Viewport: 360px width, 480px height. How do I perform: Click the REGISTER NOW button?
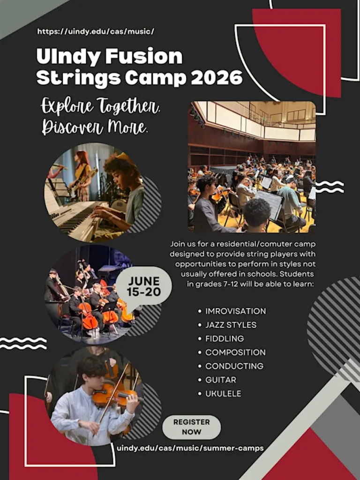point(191,427)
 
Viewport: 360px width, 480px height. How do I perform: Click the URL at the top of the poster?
point(96,31)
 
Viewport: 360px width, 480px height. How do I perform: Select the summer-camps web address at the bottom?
point(190,448)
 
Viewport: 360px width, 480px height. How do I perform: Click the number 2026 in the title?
point(217,78)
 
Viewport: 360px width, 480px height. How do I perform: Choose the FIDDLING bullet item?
point(225,338)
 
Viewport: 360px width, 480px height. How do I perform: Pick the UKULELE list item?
point(223,393)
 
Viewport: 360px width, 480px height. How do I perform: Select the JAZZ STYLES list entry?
point(231,325)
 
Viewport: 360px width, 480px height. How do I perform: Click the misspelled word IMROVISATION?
point(236,311)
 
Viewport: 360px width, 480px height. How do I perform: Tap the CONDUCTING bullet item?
point(234,366)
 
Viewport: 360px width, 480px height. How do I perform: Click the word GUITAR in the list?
point(221,380)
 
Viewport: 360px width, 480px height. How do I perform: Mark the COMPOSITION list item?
point(235,352)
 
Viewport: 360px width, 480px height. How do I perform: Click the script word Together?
point(129,106)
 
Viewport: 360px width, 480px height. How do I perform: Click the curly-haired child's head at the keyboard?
point(121,172)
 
